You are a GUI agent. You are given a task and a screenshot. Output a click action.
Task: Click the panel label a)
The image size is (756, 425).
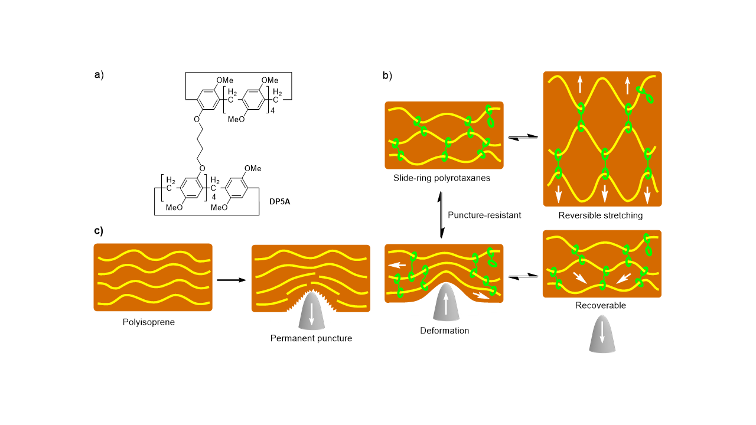pos(99,75)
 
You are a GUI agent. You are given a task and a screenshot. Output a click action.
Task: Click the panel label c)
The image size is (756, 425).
pos(99,231)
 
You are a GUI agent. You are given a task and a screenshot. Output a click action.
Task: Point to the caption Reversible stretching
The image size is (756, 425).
pos(601,215)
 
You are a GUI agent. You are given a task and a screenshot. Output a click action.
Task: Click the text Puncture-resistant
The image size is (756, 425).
pos(484,215)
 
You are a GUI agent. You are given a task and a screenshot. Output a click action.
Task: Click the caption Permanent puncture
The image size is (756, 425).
pos(311,338)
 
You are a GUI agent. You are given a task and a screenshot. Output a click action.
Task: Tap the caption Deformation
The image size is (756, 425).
pos(444,331)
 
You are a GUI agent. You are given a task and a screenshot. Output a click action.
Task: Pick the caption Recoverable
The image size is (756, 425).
pos(601,306)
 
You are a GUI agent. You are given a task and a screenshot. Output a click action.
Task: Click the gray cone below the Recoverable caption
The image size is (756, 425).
pos(601,337)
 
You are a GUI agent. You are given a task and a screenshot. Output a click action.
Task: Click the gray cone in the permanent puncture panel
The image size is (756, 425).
pos(313,310)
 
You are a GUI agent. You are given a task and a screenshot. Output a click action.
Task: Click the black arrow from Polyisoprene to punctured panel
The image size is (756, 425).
pos(231,279)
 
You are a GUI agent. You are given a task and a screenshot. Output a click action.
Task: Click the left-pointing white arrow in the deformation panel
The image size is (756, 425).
pos(397,265)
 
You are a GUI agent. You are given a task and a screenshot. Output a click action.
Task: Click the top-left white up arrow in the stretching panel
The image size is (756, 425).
pos(581,85)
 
